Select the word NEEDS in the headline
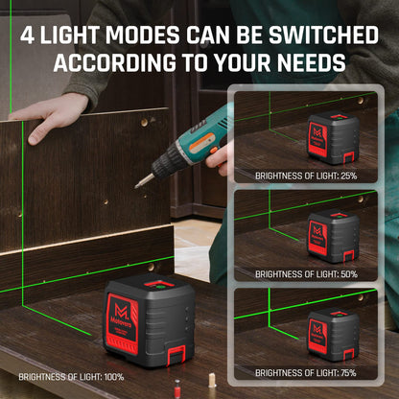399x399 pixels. click(309, 63)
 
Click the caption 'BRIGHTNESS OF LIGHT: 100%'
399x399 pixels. click(72, 377)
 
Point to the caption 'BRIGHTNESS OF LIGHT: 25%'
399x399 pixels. click(306, 176)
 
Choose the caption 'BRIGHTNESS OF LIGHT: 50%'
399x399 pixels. click(306, 273)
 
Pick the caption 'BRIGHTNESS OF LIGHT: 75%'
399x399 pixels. click(306, 372)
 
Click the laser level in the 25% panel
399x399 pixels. click(333, 137)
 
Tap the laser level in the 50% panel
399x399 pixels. click(333, 236)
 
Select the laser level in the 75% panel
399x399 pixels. click(332, 335)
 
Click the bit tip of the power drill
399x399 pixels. click(140, 183)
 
